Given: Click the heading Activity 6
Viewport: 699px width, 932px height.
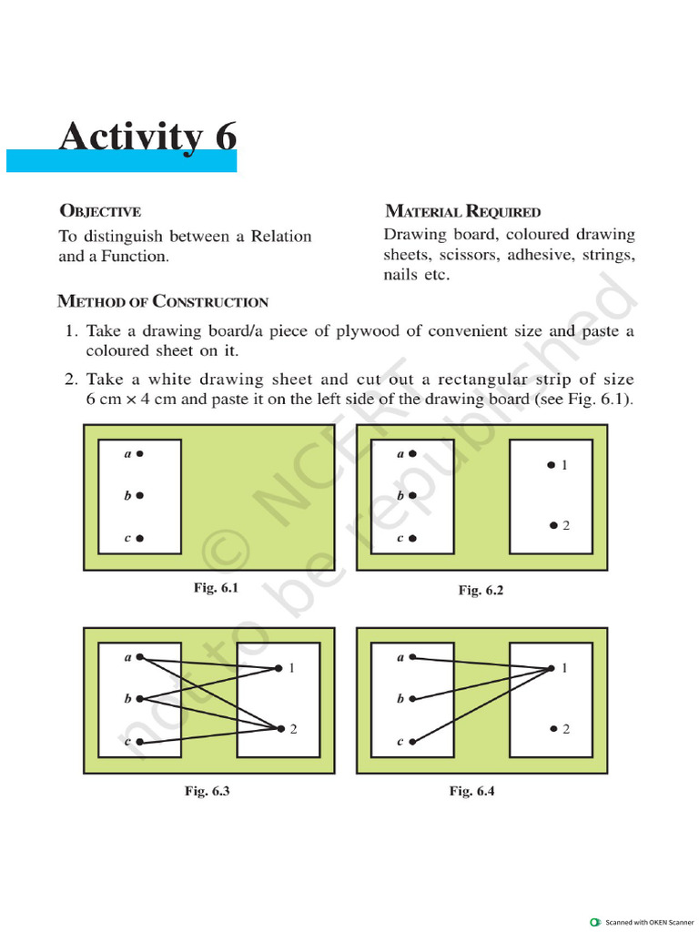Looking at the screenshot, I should click(x=147, y=138).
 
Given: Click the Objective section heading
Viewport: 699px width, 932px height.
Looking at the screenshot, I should click(x=99, y=212).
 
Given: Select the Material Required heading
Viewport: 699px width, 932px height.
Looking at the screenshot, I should click(x=462, y=212).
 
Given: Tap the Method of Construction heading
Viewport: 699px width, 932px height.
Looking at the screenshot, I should click(x=163, y=301).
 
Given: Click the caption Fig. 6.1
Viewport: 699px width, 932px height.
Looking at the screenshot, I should click(x=216, y=588).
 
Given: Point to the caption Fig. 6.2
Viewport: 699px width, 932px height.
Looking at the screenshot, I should click(x=481, y=591).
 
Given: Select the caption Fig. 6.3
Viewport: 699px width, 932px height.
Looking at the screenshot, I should click(x=208, y=791).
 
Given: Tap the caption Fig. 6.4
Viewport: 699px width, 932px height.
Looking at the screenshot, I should click(x=471, y=791).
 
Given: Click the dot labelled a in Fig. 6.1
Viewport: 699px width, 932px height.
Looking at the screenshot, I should click(x=140, y=452).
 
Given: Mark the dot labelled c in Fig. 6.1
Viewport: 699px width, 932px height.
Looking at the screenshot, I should click(x=140, y=539).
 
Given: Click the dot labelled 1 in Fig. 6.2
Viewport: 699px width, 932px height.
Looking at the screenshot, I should click(x=551, y=465).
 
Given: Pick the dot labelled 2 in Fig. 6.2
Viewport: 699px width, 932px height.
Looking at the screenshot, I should click(x=552, y=525).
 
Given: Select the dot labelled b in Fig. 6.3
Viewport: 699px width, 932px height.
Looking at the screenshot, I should click(x=140, y=699).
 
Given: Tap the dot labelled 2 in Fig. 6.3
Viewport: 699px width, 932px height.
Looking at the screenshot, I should click(x=281, y=728).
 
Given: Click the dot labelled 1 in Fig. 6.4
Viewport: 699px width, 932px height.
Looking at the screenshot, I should click(x=552, y=669).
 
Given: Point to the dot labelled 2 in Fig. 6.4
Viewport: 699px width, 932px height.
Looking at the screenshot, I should click(x=552, y=729).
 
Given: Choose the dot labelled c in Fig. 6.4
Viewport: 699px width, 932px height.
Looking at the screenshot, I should click(x=412, y=742).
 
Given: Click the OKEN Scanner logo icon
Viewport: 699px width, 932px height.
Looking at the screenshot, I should click(x=595, y=921).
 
